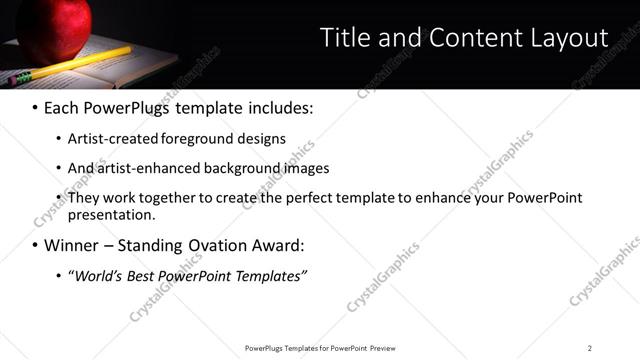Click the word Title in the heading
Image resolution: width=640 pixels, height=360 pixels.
(343, 38)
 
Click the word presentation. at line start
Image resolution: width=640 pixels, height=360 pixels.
(112, 214)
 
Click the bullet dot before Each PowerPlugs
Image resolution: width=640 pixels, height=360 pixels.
(35, 107)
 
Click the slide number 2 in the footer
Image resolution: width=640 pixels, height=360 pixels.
(590, 348)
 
